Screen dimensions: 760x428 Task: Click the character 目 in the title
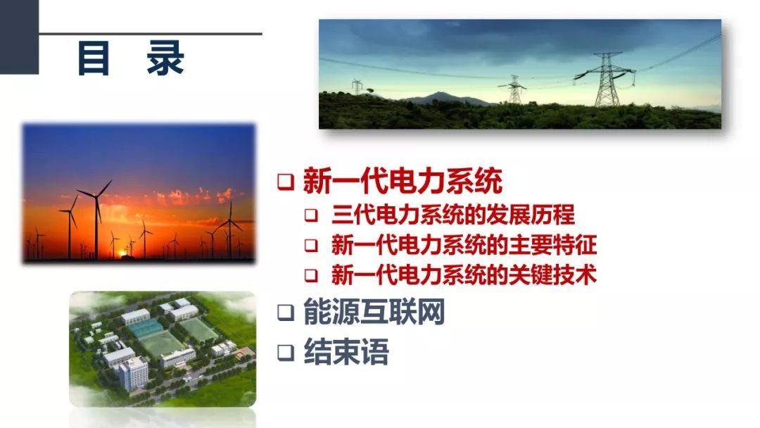coord(93,58)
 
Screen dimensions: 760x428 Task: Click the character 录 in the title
coord(165,58)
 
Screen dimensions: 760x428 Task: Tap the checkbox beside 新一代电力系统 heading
coord(286,182)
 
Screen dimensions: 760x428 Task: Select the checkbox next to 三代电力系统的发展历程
coord(311,215)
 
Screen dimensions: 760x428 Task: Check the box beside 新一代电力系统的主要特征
coord(311,245)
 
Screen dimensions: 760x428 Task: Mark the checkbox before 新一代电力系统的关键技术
coord(311,275)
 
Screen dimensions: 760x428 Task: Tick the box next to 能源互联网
coord(286,313)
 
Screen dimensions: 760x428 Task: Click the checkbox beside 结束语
coord(286,353)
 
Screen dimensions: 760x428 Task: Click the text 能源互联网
coord(374,312)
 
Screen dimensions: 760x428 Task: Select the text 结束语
coord(346,351)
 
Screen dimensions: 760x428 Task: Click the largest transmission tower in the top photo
coord(607,80)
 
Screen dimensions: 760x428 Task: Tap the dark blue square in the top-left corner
coord(20,37)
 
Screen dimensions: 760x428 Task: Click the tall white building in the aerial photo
coord(133,373)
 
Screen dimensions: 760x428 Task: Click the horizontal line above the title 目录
coord(151,34)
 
